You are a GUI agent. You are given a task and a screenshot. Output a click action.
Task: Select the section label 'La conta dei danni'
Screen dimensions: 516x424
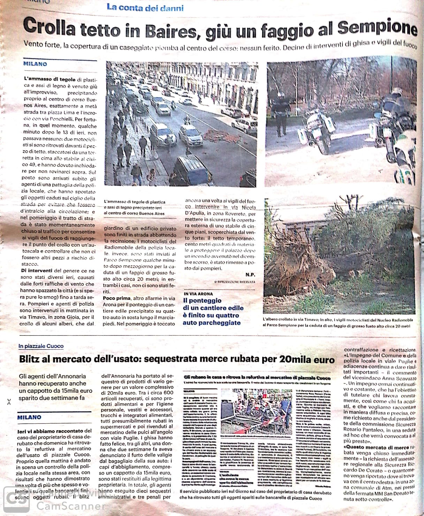tap(145, 7)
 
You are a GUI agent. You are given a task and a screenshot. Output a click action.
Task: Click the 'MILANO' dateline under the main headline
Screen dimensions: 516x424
tap(35, 64)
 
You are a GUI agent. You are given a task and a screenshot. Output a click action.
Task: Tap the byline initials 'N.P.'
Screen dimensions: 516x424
tap(250, 275)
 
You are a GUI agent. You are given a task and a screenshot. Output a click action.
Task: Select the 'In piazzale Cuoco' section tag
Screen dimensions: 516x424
tap(41, 346)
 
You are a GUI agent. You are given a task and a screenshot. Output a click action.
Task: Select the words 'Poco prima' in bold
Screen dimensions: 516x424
tap(116, 298)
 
